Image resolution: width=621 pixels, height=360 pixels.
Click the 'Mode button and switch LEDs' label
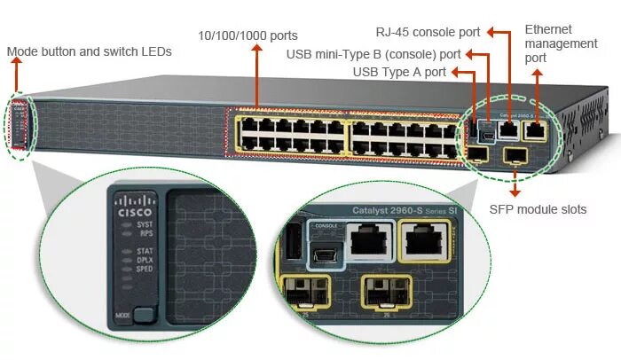(90, 52)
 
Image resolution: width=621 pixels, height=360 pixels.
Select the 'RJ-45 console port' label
(428, 33)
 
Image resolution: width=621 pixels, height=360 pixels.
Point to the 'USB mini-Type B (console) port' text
(373, 54)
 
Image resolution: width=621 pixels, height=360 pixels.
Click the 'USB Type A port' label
(399, 72)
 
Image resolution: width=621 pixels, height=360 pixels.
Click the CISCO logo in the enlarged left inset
(135, 207)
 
